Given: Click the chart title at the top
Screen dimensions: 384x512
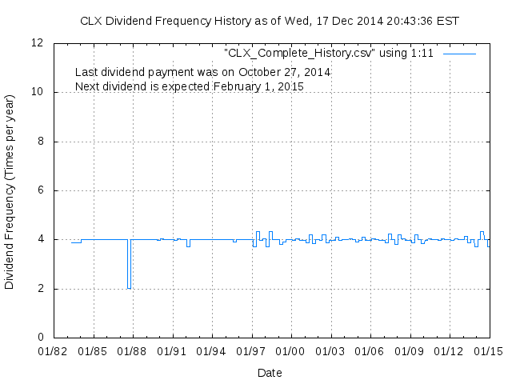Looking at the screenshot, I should coord(270,21).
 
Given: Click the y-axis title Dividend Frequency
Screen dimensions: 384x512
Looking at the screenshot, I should coord(10,191).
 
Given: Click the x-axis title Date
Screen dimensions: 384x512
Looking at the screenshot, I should coord(270,373).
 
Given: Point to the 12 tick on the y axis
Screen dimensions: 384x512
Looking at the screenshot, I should coord(38,43).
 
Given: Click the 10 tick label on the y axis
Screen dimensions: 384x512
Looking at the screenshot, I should coord(38,92).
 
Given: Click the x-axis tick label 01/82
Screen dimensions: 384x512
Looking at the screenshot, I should coord(54,351).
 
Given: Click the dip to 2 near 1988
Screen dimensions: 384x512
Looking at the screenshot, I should coord(129,287).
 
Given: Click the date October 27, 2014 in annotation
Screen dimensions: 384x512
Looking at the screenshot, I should coord(286,72).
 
